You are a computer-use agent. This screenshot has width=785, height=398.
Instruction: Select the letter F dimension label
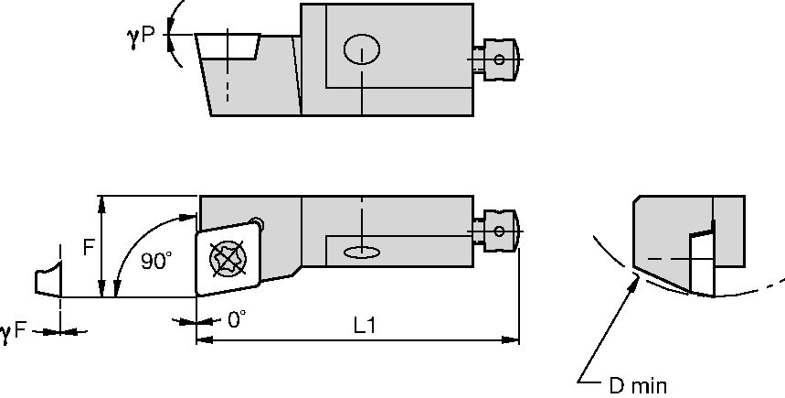tap(90, 247)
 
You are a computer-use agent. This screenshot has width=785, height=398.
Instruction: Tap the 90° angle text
tap(156, 262)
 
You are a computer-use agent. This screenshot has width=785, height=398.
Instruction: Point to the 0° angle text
tap(237, 319)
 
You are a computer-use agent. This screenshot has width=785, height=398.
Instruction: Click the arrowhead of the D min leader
tap(633, 280)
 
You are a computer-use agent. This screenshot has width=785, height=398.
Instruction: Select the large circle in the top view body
tap(362, 49)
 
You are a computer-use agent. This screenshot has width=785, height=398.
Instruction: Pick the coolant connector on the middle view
tap(497, 228)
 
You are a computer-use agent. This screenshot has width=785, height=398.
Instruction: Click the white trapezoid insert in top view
tap(228, 46)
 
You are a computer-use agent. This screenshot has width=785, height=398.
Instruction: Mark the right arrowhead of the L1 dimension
tap(514, 340)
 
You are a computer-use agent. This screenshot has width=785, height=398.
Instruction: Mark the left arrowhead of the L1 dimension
tap(203, 340)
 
